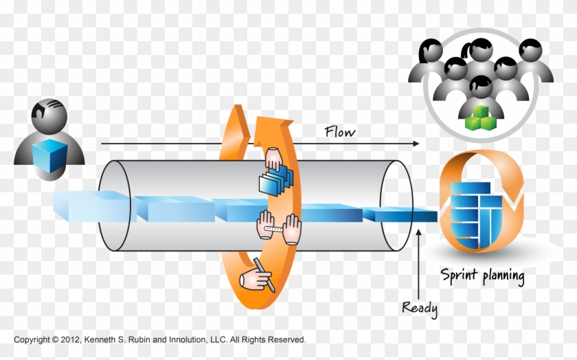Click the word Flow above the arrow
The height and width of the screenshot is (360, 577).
(340, 131)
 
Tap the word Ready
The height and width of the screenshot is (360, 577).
(419, 308)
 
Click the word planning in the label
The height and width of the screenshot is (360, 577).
(503, 278)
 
